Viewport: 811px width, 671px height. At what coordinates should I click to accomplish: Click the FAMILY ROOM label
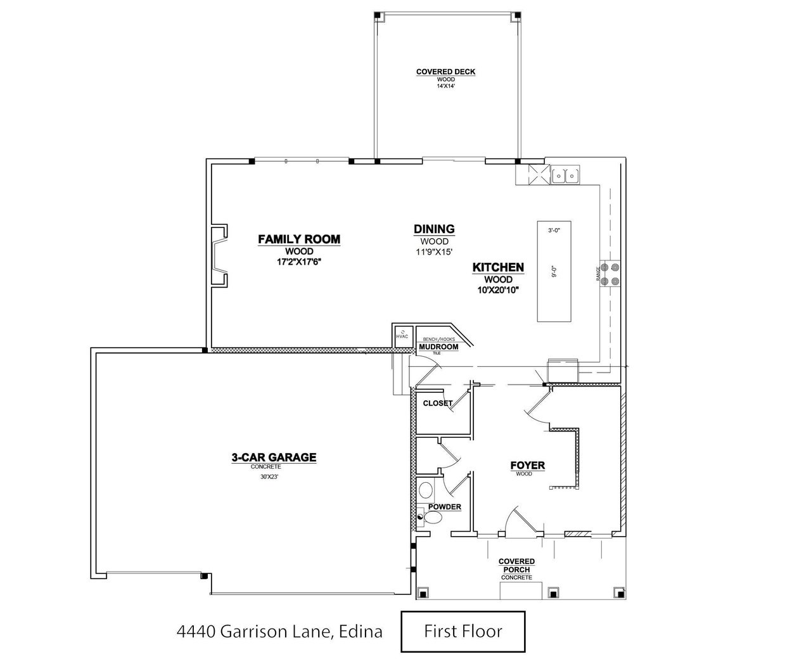pos(299,240)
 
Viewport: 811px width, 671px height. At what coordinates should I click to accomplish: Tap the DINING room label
pos(434,229)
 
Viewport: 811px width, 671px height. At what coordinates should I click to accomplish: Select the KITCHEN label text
pos(498,267)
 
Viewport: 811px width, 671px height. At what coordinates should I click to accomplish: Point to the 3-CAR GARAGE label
pos(273,457)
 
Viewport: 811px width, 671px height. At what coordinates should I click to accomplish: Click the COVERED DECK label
pos(445,72)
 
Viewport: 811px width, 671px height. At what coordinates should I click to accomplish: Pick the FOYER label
pos(527,466)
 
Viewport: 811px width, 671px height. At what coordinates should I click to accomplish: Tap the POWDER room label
pos(444,507)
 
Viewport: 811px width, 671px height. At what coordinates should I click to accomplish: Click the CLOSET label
pos(437,403)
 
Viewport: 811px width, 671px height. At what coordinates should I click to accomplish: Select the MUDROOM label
pos(438,347)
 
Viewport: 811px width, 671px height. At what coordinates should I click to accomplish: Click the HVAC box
pos(402,335)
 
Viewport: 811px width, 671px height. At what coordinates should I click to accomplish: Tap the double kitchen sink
pos(565,174)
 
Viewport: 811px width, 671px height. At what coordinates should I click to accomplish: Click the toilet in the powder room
pos(432,518)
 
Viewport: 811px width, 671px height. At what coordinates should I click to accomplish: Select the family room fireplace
pos(219,255)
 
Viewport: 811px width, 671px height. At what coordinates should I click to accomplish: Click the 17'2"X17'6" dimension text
pos(299,261)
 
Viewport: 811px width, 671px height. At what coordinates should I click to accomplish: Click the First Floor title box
pos(463,631)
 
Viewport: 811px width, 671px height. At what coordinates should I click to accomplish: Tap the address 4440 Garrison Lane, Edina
pos(279,632)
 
